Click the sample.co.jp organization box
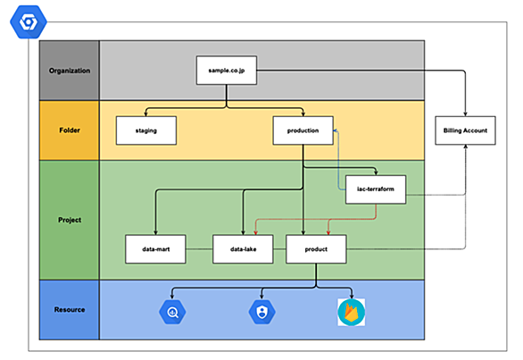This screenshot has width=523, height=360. (x=227, y=71)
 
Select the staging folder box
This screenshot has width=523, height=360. (x=146, y=130)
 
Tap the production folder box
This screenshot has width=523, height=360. (x=303, y=130)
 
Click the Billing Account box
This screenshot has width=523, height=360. (x=465, y=130)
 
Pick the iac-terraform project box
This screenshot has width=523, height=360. (x=376, y=189)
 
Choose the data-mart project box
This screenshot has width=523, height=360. (x=155, y=249)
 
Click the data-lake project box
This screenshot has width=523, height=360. (x=243, y=249)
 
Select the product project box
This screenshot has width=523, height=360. (x=316, y=249)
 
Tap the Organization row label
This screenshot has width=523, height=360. (x=70, y=71)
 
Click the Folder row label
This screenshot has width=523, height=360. (x=70, y=130)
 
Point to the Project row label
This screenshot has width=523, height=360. (x=70, y=220)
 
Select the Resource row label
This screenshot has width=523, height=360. (x=70, y=310)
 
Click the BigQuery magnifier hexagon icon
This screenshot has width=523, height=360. (x=172, y=312)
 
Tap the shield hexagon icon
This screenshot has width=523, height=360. (x=261, y=312)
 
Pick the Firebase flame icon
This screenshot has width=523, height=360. (x=352, y=313)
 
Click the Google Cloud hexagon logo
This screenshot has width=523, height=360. (x=29, y=22)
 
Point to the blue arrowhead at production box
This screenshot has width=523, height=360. (x=336, y=130)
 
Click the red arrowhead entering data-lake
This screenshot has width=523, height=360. (x=255, y=232)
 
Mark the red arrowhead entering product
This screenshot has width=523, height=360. (x=328, y=232)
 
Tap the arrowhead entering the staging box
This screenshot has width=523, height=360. (x=145, y=113)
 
